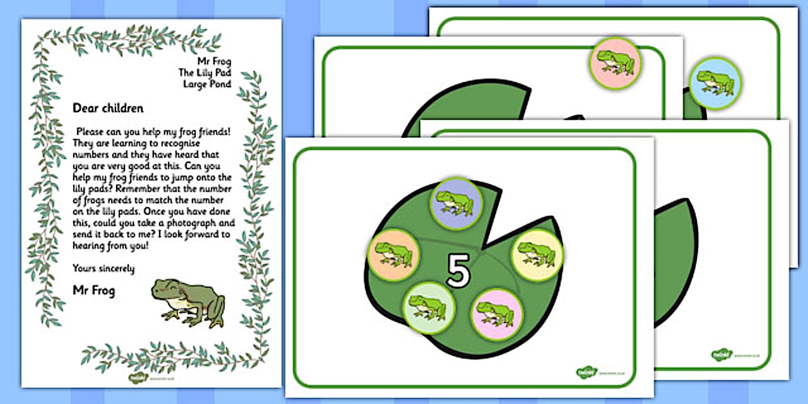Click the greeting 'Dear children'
point(108,108)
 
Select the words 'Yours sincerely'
point(103,269)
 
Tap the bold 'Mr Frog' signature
point(94,291)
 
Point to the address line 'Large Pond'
point(207,84)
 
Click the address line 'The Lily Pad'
point(205,73)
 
